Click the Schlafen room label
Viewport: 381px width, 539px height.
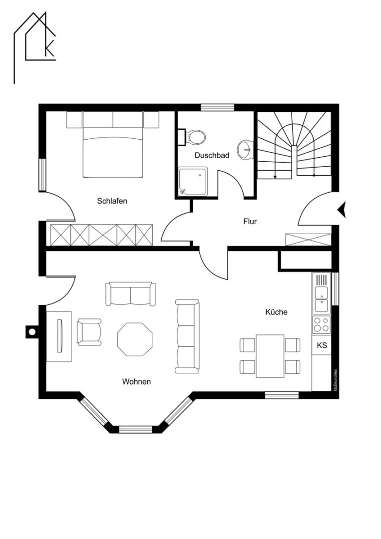coord(112,201)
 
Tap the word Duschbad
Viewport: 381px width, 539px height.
coord(212,155)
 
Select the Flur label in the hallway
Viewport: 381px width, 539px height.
coord(250,222)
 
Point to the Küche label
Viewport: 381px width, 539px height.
coord(276,312)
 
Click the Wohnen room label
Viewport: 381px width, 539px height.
coord(136,382)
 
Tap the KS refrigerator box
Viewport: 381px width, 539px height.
coord(322,345)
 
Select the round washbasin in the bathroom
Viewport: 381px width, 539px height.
coord(245,150)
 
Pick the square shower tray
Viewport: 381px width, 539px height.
coord(193,182)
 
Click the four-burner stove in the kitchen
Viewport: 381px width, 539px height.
coord(321,324)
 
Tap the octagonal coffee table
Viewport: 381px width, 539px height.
coord(135,339)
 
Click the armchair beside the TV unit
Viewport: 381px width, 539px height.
coord(89,332)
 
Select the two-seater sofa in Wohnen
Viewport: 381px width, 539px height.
coord(130,294)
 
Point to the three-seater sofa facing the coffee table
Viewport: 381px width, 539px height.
coord(187,336)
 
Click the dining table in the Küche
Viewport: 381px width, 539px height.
coord(270,356)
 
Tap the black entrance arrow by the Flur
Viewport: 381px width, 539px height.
coord(342,209)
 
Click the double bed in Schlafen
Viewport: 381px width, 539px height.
coord(113,145)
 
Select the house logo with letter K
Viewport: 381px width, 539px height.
coord(35,47)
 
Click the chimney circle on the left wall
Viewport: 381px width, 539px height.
coord(31,332)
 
